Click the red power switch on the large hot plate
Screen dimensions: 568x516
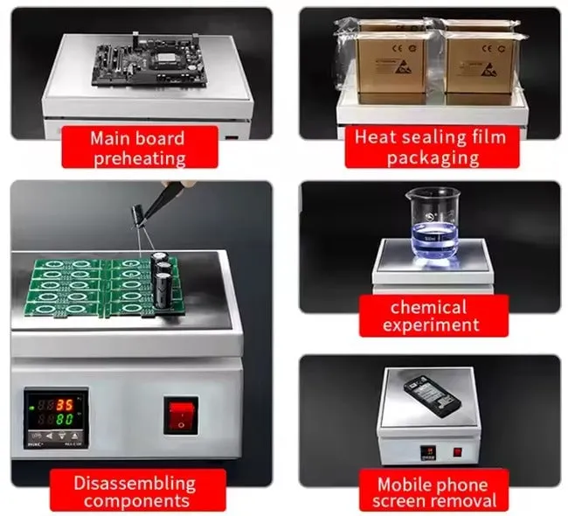[181, 415]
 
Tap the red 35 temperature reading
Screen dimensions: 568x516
[65, 405]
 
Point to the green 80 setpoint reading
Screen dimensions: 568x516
[65, 420]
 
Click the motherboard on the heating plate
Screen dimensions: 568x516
[149, 64]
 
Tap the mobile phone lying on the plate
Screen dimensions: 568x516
[433, 397]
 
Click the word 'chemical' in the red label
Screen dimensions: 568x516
[428, 308]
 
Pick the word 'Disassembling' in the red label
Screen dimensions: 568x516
[135, 484]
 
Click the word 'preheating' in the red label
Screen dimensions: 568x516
[140, 158]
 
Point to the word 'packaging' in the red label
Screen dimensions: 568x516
[433, 157]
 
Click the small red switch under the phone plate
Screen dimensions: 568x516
[458, 452]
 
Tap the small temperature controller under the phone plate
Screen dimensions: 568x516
[428, 453]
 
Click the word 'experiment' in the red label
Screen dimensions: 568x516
[431, 325]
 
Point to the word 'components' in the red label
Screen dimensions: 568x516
[136, 501]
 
